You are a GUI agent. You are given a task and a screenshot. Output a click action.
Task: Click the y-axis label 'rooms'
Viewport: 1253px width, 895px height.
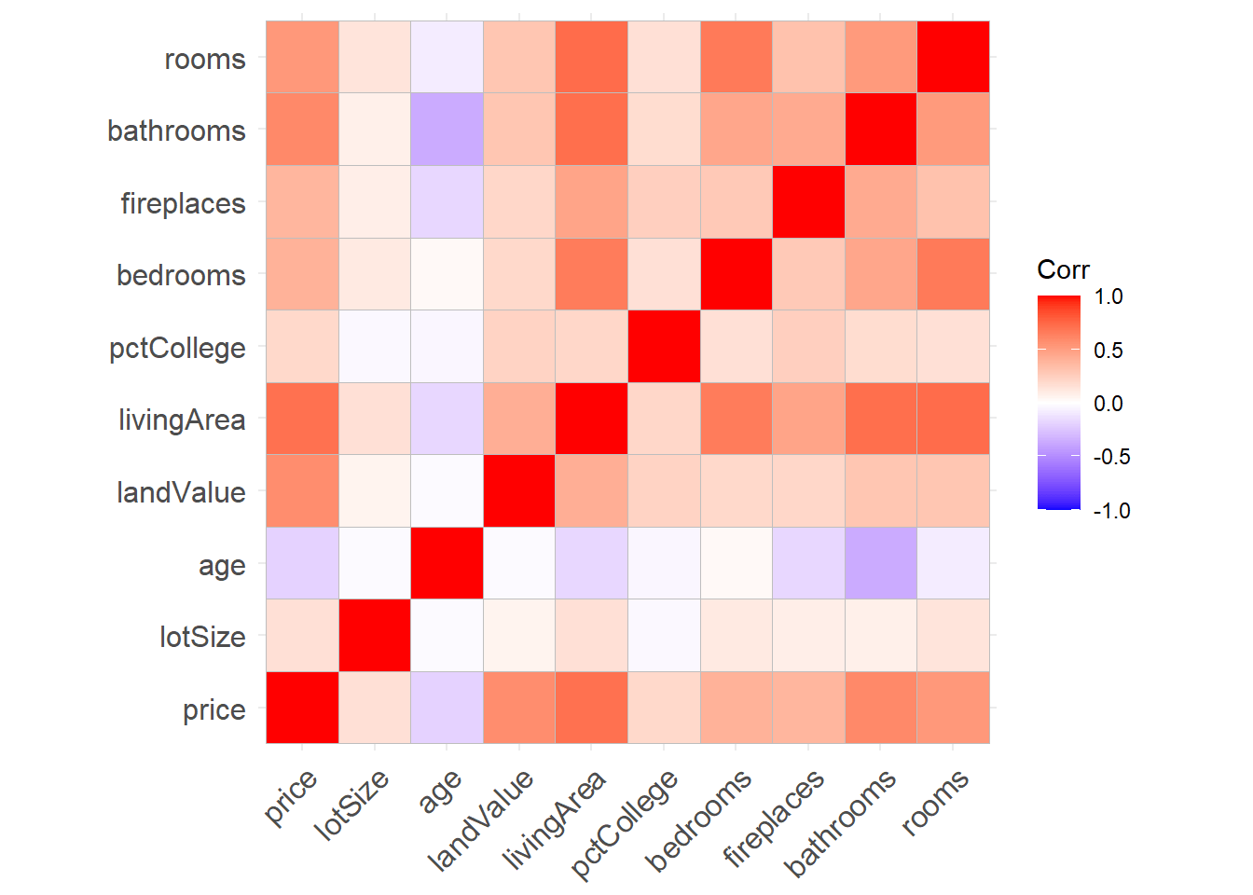(x=204, y=60)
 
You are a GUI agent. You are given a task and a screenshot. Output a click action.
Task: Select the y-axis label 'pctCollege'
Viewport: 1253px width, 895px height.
(x=177, y=349)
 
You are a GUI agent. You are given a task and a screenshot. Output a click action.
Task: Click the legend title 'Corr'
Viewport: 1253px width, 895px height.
(x=1063, y=270)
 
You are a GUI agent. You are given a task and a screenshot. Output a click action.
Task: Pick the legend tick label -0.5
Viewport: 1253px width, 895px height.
(x=1111, y=457)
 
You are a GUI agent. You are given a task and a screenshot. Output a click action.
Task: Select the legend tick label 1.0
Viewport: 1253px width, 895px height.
(x=1108, y=296)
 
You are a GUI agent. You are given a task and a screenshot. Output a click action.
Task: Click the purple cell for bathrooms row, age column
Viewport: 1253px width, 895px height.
(x=447, y=130)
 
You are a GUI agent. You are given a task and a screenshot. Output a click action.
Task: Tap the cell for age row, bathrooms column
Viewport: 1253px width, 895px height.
(x=881, y=563)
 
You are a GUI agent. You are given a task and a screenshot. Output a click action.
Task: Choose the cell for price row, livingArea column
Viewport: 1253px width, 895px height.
(x=591, y=708)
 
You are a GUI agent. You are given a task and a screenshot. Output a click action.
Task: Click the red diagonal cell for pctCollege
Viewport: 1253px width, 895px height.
(x=664, y=346)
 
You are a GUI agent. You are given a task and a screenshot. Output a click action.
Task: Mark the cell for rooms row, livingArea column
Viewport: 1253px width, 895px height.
(x=591, y=57)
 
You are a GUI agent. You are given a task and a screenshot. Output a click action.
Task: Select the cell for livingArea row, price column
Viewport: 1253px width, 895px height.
(x=302, y=419)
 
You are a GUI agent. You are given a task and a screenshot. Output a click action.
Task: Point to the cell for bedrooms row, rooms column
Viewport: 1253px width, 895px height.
(x=953, y=274)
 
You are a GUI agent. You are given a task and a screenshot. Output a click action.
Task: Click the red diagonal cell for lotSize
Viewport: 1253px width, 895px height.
(x=375, y=635)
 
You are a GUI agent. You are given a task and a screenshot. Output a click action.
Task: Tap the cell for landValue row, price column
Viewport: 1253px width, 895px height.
(x=302, y=490)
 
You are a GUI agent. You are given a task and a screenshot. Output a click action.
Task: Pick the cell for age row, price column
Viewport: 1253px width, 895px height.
(x=302, y=563)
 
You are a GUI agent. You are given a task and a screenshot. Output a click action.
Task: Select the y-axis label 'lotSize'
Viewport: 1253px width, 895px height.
(x=202, y=638)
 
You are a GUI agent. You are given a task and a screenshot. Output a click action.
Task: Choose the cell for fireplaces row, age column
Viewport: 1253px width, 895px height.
(x=447, y=201)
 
